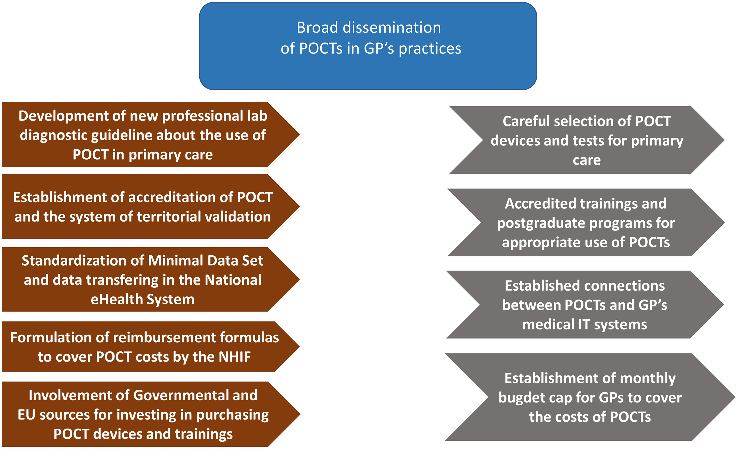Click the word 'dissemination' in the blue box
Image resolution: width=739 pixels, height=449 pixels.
[392, 28]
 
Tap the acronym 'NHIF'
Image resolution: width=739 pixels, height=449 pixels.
[234, 357]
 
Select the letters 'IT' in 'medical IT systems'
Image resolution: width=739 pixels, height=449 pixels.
[584, 325]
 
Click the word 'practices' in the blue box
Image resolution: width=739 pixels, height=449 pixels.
[430, 49]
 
